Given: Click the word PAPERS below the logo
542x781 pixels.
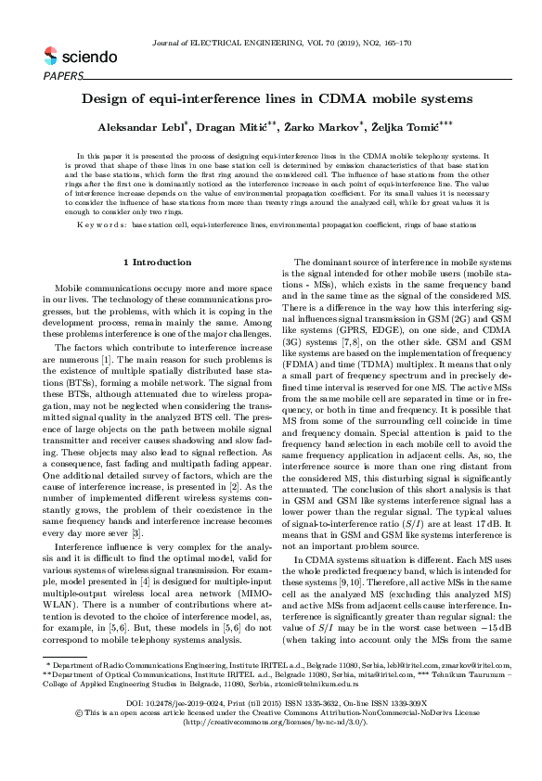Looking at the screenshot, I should (x=63, y=74).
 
